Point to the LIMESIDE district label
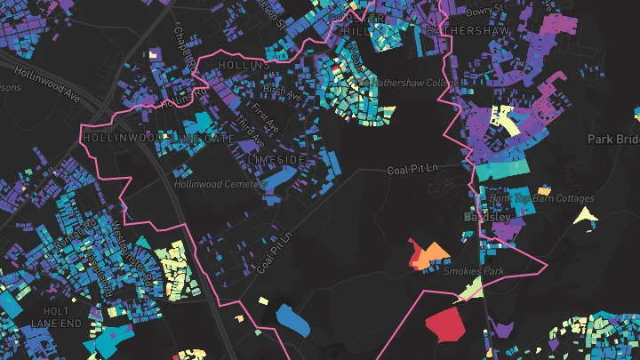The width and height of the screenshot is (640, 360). click(x=276, y=159)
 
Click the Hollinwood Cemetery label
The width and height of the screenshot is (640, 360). click(x=220, y=184)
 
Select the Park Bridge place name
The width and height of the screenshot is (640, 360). click(x=613, y=140)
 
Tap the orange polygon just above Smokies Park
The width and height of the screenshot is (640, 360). click(x=435, y=255)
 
